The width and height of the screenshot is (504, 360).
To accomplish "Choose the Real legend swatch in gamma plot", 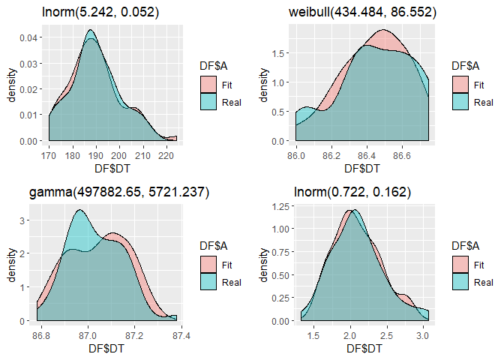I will [208, 282].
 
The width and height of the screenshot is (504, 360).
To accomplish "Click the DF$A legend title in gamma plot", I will [214, 245].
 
